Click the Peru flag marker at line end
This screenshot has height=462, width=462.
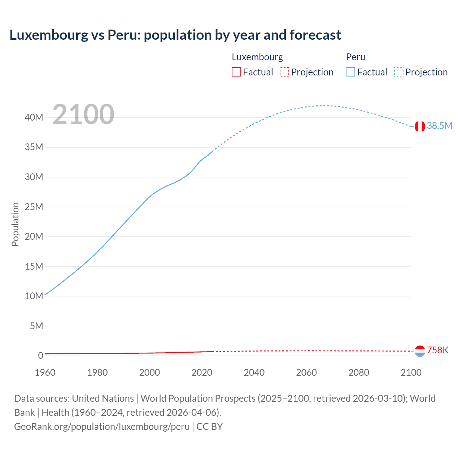click(420, 126)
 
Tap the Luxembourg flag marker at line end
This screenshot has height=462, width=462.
click(420, 351)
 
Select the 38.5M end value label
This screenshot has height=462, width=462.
click(439, 126)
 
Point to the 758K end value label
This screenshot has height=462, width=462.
click(437, 350)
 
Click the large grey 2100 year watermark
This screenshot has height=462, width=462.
click(83, 114)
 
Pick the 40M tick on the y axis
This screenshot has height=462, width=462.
click(34, 117)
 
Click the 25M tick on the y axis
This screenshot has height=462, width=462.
click(34, 207)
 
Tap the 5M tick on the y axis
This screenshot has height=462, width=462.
click(36, 326)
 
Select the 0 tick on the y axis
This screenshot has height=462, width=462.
click(40, 356)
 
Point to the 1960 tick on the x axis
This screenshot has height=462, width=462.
click(45, 372)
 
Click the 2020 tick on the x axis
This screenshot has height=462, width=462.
click(202, 372)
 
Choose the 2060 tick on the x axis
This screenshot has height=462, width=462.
click(306, 372)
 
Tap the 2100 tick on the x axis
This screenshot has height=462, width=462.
click(411, 372)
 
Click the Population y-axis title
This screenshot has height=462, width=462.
click(15, 224)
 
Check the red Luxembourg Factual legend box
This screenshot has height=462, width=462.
click(236, 72)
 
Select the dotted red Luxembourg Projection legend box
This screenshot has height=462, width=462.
click(284, 72)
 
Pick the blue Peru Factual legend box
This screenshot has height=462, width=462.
click(350, 72)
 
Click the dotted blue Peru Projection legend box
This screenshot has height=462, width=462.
click(398, 72)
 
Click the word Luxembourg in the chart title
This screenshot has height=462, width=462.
click(49, 35)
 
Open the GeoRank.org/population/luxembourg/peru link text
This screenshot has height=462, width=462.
click(102, 426)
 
